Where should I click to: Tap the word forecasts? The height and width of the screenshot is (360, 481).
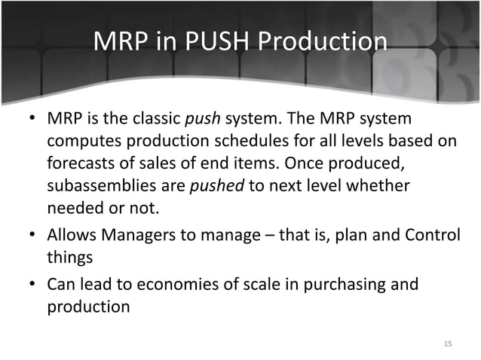point(81,163)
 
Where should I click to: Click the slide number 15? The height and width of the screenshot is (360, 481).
point(448,343)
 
